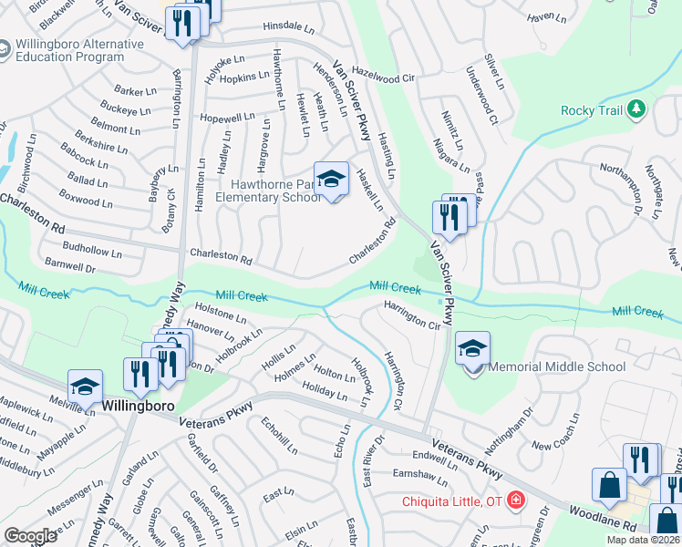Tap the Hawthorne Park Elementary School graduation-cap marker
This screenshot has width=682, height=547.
click(331, 181)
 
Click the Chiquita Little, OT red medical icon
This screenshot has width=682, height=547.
click(515, 501)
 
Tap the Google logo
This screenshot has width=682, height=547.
click(30, 536)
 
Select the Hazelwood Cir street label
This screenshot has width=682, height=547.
click(382, 77)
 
